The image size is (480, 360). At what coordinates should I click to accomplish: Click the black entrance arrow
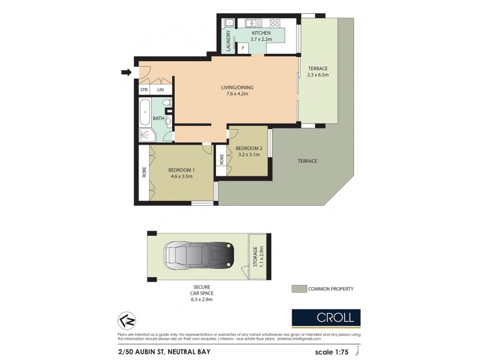coord(126,73)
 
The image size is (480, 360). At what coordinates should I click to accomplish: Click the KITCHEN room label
coord(261,33)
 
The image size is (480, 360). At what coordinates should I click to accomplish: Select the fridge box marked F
coord(244,47)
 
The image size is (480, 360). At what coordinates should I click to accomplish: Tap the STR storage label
coord(144,90)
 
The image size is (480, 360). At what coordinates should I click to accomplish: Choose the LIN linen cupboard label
coord(160,90)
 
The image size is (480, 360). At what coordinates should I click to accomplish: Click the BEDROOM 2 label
coord(248,148)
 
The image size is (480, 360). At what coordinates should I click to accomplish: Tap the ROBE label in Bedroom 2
coord(222,160)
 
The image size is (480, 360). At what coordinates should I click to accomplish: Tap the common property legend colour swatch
coord(298,289)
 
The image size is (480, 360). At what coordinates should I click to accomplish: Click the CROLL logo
coord(326,317)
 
